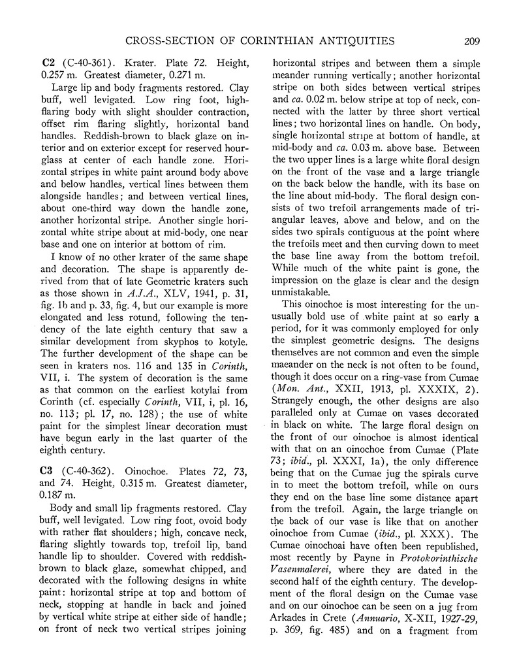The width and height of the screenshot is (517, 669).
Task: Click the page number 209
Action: coord(469,42)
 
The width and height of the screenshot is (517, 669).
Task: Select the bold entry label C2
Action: coord(47,63)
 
